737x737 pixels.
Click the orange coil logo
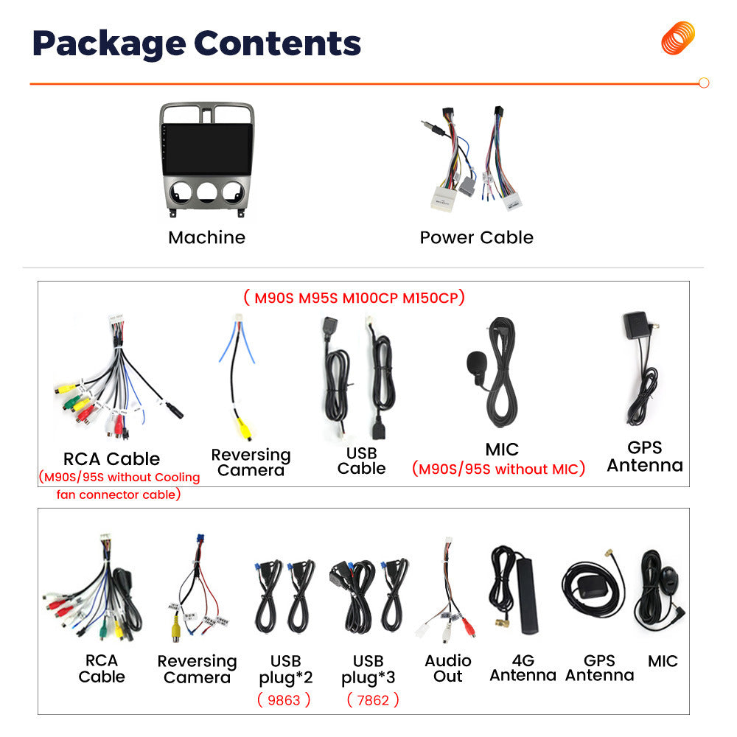[x=678, y=38]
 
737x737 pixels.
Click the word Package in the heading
[x=109, y=44]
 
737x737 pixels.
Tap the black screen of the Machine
[x=207, y=150]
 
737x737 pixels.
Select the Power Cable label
[x=477, y=238]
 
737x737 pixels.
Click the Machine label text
[x=207, y=238]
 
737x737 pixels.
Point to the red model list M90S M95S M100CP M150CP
[x=354, y=298]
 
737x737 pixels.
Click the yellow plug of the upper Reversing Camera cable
[x=243, y=428]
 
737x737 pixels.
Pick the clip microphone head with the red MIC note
[x=476, y=363]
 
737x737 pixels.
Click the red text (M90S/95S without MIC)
[x=498, y=469]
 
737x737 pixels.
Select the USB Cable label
[x=361, y=461]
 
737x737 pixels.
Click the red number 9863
[x=284, y=700]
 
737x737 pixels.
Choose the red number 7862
[x=373, y=700]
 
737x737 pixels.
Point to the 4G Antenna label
[x=523, y=668]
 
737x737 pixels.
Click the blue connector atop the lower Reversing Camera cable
[x=200, y=539]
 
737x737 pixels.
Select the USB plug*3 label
[x=368, y=669]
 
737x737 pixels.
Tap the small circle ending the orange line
[x=704, y=83]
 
